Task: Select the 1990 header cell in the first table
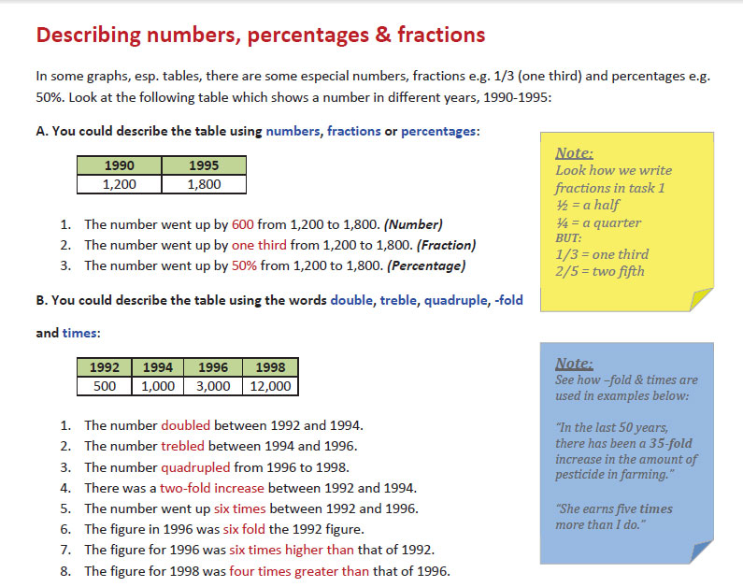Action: (x=119, y=165)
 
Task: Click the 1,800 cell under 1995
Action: (x=204, y=184)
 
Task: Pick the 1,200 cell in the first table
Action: (x=119, y=184)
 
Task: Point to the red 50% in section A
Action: (x=245, y=265)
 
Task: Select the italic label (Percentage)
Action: (x=427, y=265)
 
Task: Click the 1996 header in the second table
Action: (x=213, y=367)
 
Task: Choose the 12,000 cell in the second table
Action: (x=269, y=386)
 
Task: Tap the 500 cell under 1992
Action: (x=105, y=386)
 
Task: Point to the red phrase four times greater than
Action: (x=299, y=570)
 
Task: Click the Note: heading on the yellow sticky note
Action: (x=574, y=153)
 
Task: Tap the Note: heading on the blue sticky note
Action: (x=573, y=364)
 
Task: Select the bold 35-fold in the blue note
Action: (x=664, y=443)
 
